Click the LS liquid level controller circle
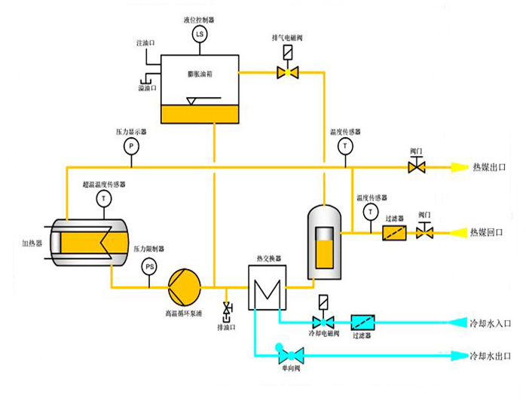point(200,35)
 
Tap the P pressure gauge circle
point(130,145)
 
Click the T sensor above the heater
point(103,199)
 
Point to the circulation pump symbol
point(185,286)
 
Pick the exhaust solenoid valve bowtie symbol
point(287,72)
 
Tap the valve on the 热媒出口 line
point(417,167)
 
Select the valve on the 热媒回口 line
point(425,233)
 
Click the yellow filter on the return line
point(394,233)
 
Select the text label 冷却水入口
point(490,323)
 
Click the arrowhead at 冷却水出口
point(457,354)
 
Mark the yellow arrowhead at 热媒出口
point(457,167)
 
